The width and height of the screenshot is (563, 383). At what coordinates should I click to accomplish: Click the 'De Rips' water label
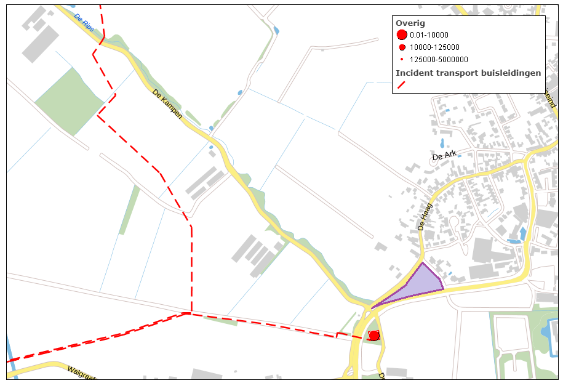pos(82,23)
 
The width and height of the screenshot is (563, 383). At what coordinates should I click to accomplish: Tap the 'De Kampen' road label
pos(167,104)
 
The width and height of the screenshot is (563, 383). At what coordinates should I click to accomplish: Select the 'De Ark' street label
pos(446,156)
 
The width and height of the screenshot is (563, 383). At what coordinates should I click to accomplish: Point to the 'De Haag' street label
pos(426,217)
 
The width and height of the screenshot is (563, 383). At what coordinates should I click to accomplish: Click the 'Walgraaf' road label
pos(81,374)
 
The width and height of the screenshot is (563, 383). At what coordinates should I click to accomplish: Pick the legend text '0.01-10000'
pos(429,35)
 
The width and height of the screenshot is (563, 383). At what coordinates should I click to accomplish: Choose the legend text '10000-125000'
pos(434,47)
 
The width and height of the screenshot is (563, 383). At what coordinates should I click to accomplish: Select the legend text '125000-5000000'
pos(439,60)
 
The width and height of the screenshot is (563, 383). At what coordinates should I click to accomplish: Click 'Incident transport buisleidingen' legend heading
pos(468,73)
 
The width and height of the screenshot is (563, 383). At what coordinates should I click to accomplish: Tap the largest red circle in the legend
pos(402,35)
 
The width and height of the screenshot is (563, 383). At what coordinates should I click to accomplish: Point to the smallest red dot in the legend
pos(402,60)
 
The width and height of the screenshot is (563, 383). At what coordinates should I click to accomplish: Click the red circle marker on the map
pos(373,336)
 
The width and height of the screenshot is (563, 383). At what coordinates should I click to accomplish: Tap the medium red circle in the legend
pos(402,47)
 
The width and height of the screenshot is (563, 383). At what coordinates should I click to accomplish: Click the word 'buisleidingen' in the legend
pos(513,73)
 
